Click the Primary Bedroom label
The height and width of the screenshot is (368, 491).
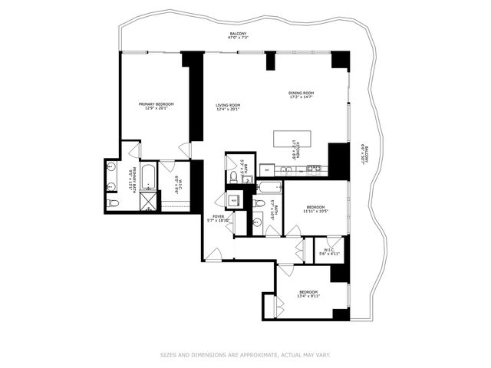[156, 107]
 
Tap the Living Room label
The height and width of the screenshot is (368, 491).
[228, 107]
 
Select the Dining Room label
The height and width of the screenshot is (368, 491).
[302, 95]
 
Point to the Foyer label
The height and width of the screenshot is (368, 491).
[219, 219]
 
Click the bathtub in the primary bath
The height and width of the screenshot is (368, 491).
[149, 178]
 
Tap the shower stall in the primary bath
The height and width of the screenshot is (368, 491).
[147, 201]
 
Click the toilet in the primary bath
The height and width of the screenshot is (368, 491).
[114, 203]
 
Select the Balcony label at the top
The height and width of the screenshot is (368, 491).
[237, 36]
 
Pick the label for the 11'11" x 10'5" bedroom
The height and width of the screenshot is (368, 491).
[316, 209]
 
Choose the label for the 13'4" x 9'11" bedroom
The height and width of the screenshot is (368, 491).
[308, 294]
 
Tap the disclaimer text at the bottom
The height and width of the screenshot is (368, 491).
[245, 354]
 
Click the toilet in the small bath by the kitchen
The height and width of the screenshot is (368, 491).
[234, 177]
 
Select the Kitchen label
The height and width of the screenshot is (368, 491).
[294, 163]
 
